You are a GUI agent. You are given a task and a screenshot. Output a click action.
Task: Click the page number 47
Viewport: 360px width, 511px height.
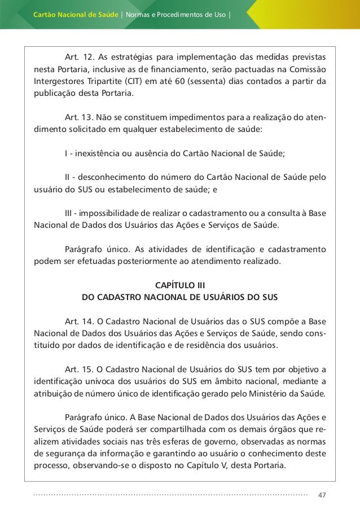click(322, 495)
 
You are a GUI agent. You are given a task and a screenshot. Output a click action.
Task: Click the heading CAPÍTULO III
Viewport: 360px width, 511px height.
click(180, 284)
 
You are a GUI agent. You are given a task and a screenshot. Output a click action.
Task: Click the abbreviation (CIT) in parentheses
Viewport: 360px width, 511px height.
click(141, 80)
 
